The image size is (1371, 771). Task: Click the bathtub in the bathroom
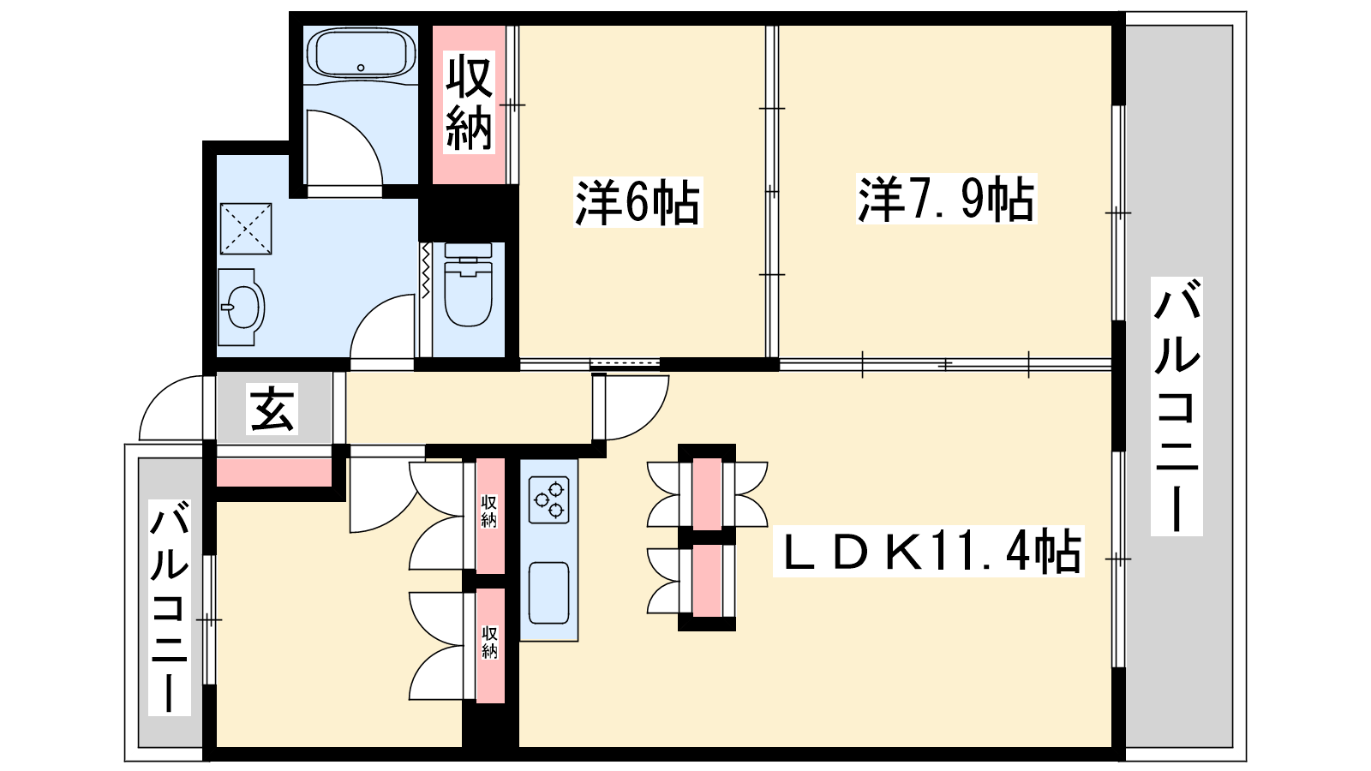[x=361, y=53]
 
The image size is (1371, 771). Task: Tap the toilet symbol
[x=468, y=284]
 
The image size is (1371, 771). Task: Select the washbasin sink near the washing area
[x=241, y=308]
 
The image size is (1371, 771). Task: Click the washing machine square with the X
[x=245, y=228]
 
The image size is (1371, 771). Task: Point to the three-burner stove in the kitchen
[x=548, y=500]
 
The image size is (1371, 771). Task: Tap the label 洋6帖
[x=638, y=202]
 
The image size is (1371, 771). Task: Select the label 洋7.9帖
[x=946, y=198]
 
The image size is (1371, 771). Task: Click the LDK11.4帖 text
[x=929, y=551]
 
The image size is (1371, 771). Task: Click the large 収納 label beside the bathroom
[x=469, y=103]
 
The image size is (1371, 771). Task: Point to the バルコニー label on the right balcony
[x=1176, y=406]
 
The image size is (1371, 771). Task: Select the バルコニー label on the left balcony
[x=169, y=607]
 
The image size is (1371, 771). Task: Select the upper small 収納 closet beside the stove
[x=490, y=515]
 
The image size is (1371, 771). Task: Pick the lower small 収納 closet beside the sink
[x=490, y=646]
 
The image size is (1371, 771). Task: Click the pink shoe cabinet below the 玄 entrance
[x=274, y=472]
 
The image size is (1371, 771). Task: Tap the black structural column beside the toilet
[x=468, y=213]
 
